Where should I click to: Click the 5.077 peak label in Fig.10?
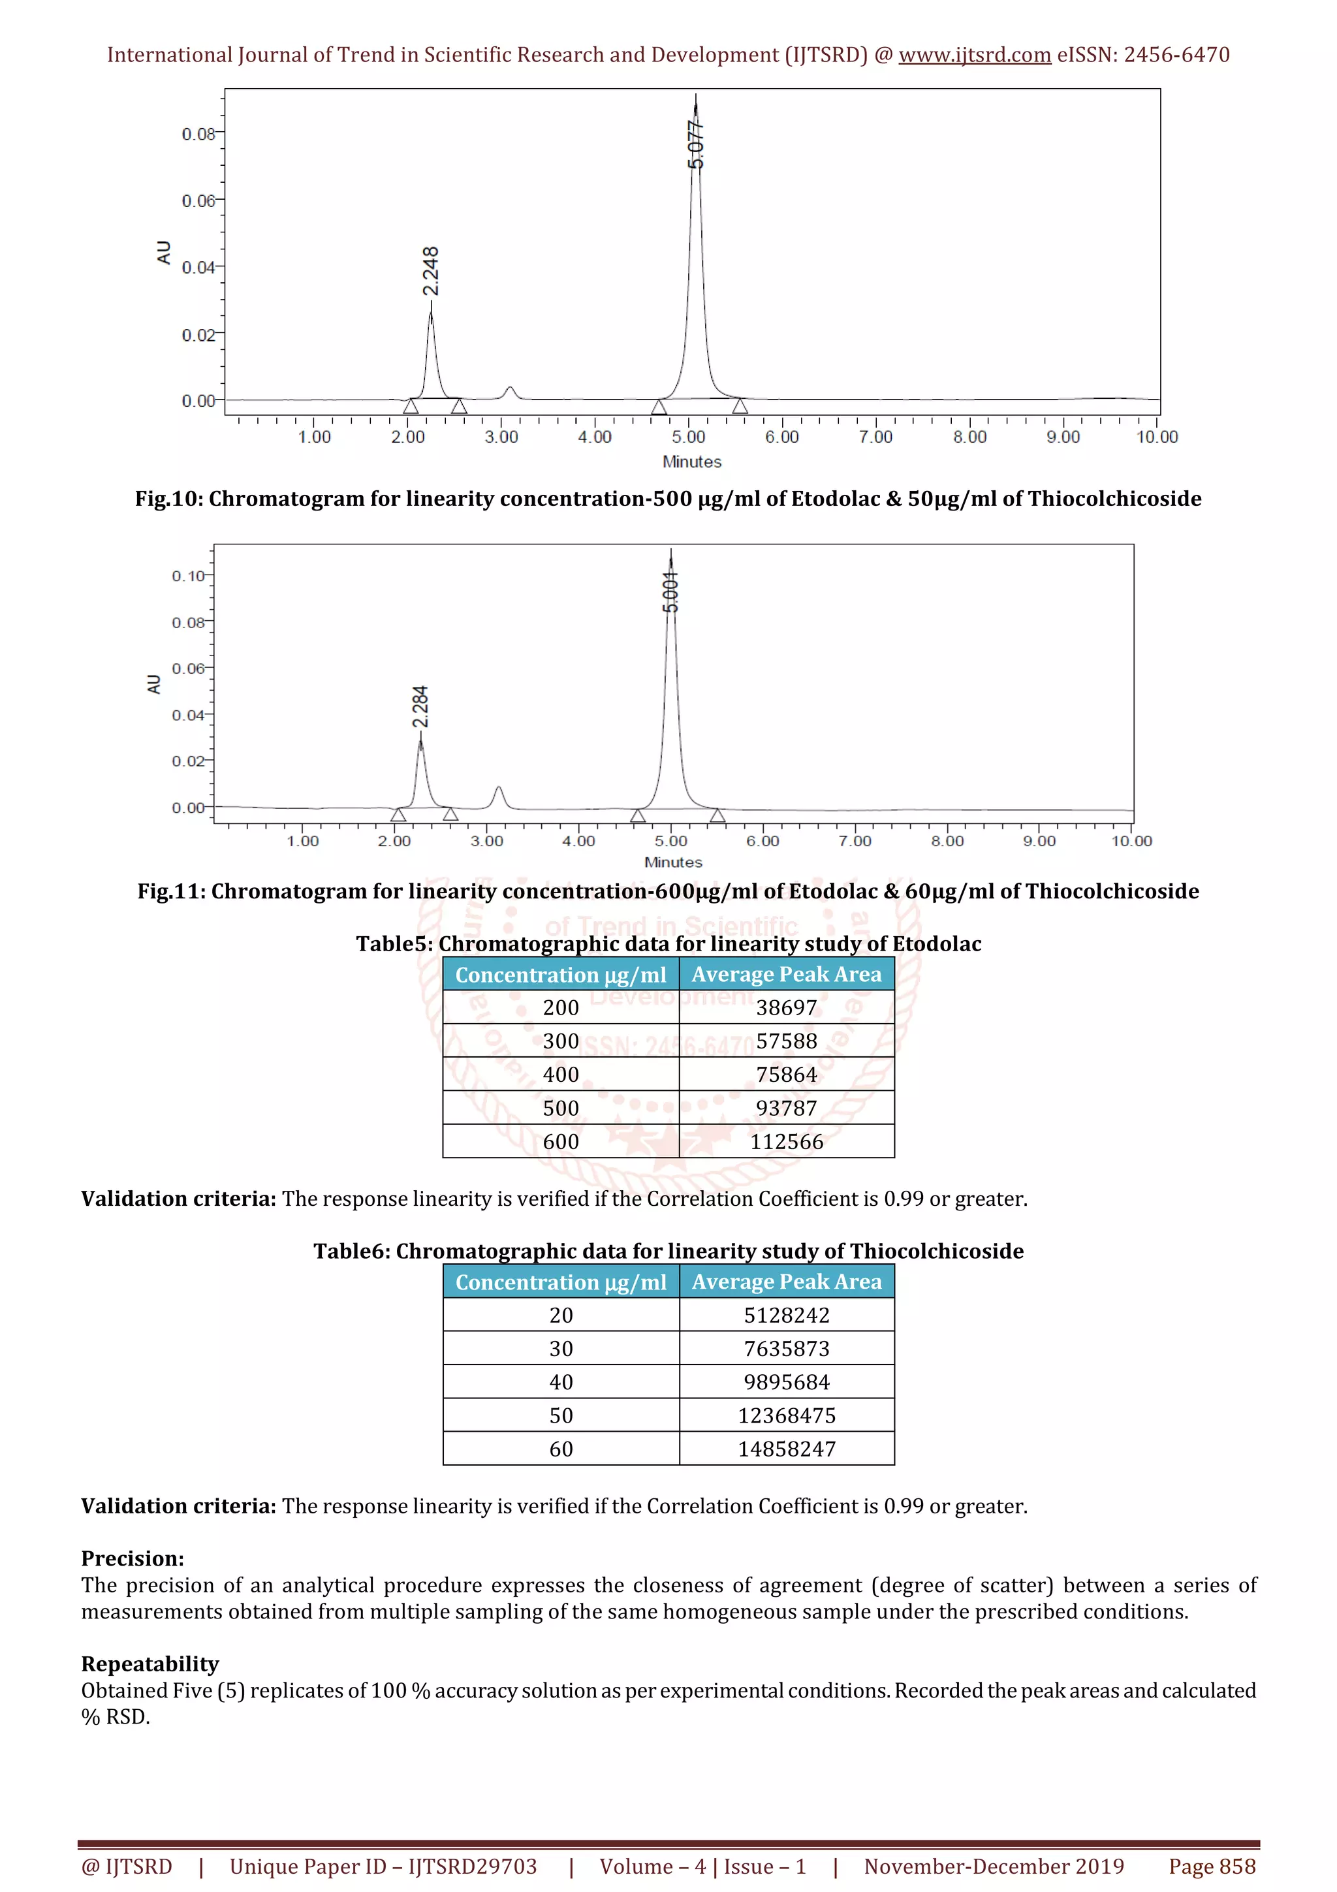click(696, 145)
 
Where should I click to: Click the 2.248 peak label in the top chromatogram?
click(430, 270)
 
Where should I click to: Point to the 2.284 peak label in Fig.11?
click(420, 707)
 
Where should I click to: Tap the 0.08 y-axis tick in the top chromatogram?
click(198, 133)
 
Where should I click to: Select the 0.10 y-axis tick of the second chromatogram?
click(188, 576)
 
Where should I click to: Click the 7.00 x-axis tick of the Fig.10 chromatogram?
click(875, 437)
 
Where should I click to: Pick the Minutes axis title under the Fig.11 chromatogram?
click(673, 862)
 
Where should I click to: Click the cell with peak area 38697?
click(786, 1007)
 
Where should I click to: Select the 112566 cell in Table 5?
click(786, 1141)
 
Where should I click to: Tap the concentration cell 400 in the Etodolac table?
click(560, 1075)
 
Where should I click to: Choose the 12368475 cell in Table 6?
click(786, 1415)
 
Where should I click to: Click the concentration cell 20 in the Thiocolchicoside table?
click(560, 1314)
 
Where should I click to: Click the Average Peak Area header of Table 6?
click(786, 1282)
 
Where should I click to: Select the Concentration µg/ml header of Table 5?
click(560, 974)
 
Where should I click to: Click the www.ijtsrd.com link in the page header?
click(974, 55)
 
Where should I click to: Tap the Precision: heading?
click(133, 1558)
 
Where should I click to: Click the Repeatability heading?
click(150, 1663)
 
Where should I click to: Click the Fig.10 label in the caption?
click(168, 499)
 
